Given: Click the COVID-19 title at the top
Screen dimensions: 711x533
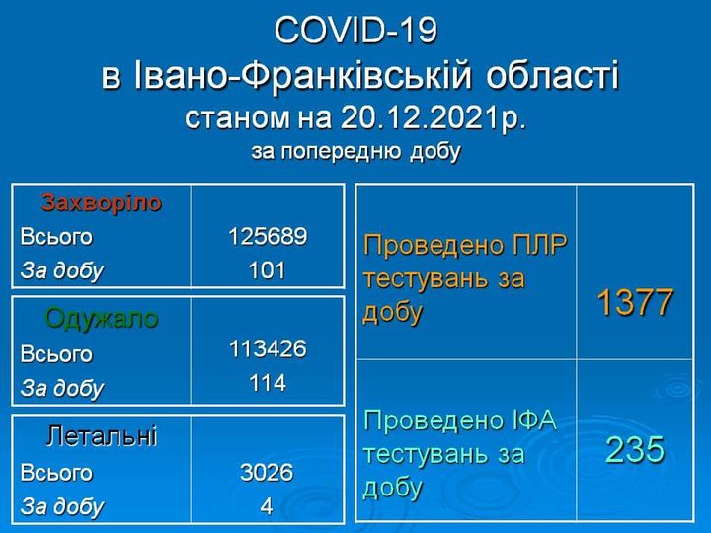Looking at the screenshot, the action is [x=355, y=30].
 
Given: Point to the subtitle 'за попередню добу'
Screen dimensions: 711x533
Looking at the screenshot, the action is [x=355, y=152].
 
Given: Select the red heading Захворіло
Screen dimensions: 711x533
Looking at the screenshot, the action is [x=102, y=203].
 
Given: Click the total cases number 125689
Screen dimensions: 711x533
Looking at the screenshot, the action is [x=268, y=236].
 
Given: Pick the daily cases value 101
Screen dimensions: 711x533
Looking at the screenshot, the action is [x=268, y=270].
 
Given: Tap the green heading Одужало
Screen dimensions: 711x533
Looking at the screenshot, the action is [x=102, y=318].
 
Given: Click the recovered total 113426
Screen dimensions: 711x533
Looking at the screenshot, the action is [x=268, y=349].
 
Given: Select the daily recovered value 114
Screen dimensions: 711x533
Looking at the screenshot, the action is [x=268, y=383].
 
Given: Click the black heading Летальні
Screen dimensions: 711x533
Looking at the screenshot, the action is [x=102, y=435].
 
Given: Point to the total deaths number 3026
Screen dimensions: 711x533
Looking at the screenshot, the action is [x=267, y=472].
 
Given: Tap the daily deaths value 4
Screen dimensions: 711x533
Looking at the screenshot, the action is [x=267, y=506].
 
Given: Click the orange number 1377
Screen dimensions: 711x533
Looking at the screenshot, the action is [x=635, y=302].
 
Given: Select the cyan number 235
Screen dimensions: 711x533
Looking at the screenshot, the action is [x=635, y=450].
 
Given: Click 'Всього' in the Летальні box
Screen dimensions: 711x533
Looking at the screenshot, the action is [x=56, y=473].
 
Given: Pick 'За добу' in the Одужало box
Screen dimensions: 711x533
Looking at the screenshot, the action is [x=62, y=389].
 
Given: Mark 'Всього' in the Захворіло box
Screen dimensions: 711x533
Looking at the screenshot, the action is [x=56, y=237].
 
